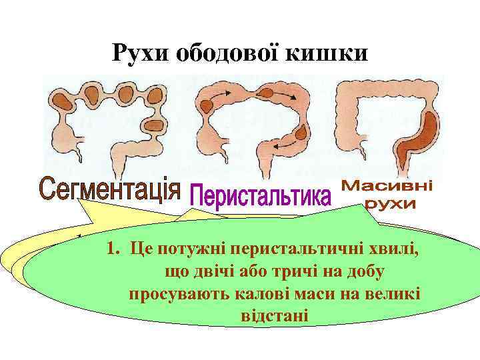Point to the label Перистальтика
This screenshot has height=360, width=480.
click(x=261, y=196)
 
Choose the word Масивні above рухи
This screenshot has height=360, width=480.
click(x=387, y=187)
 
